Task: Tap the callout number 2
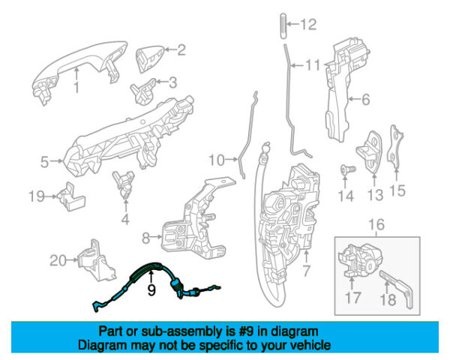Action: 181,51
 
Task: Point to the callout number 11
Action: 312,66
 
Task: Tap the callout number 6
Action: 365,98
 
